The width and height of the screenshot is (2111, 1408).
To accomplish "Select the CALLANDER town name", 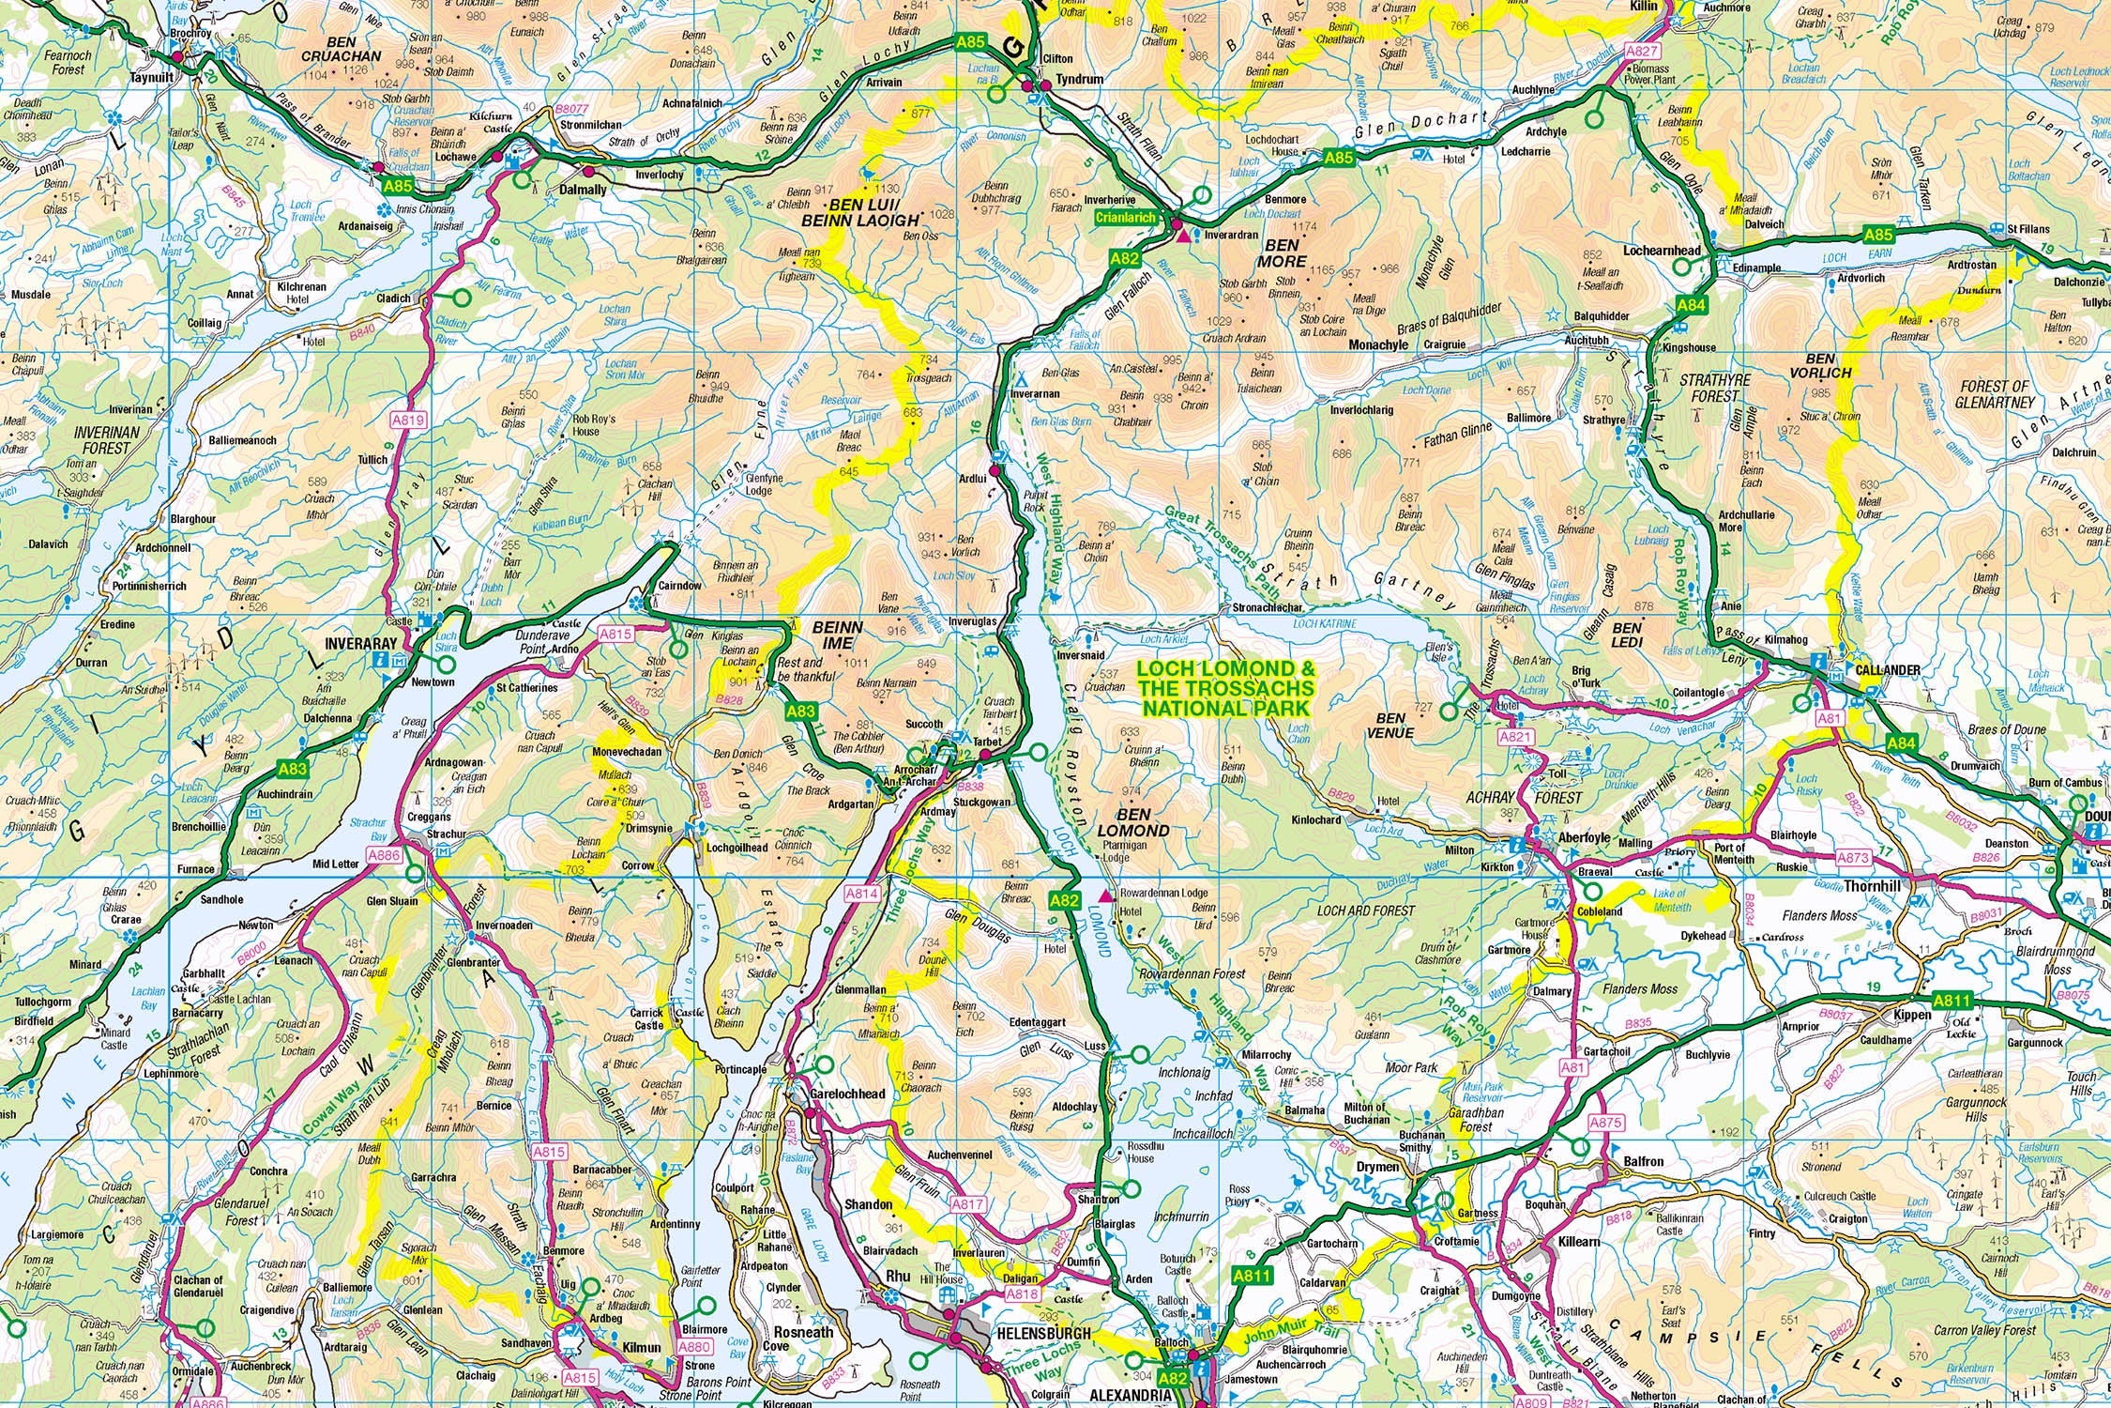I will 1888,670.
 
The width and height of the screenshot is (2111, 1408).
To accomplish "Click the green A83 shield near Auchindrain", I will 294,769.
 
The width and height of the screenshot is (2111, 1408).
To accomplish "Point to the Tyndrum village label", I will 1079,80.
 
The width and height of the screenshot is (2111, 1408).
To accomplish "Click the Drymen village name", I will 1378,1167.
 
